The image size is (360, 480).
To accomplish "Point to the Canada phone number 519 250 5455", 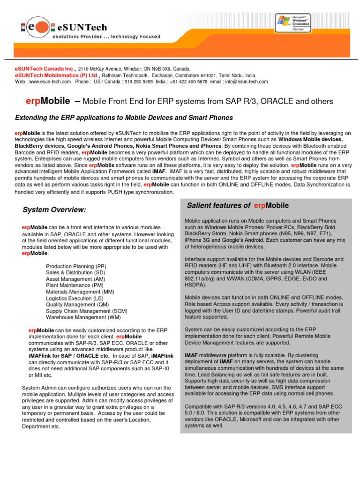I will [138, 82].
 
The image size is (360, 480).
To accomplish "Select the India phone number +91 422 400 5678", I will [188, 82].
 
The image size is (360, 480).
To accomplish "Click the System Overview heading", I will [54, 209].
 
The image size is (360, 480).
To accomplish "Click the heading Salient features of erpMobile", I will [238, 205].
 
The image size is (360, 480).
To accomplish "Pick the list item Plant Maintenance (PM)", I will [75, 285].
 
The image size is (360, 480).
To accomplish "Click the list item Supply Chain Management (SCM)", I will [87, 311].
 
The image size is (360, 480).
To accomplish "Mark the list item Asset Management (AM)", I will [76, 278].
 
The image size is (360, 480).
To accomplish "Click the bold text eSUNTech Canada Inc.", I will [46, 68].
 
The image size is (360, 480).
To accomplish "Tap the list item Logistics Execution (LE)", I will [75, 298].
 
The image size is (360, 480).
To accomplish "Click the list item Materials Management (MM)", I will [80, 292].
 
